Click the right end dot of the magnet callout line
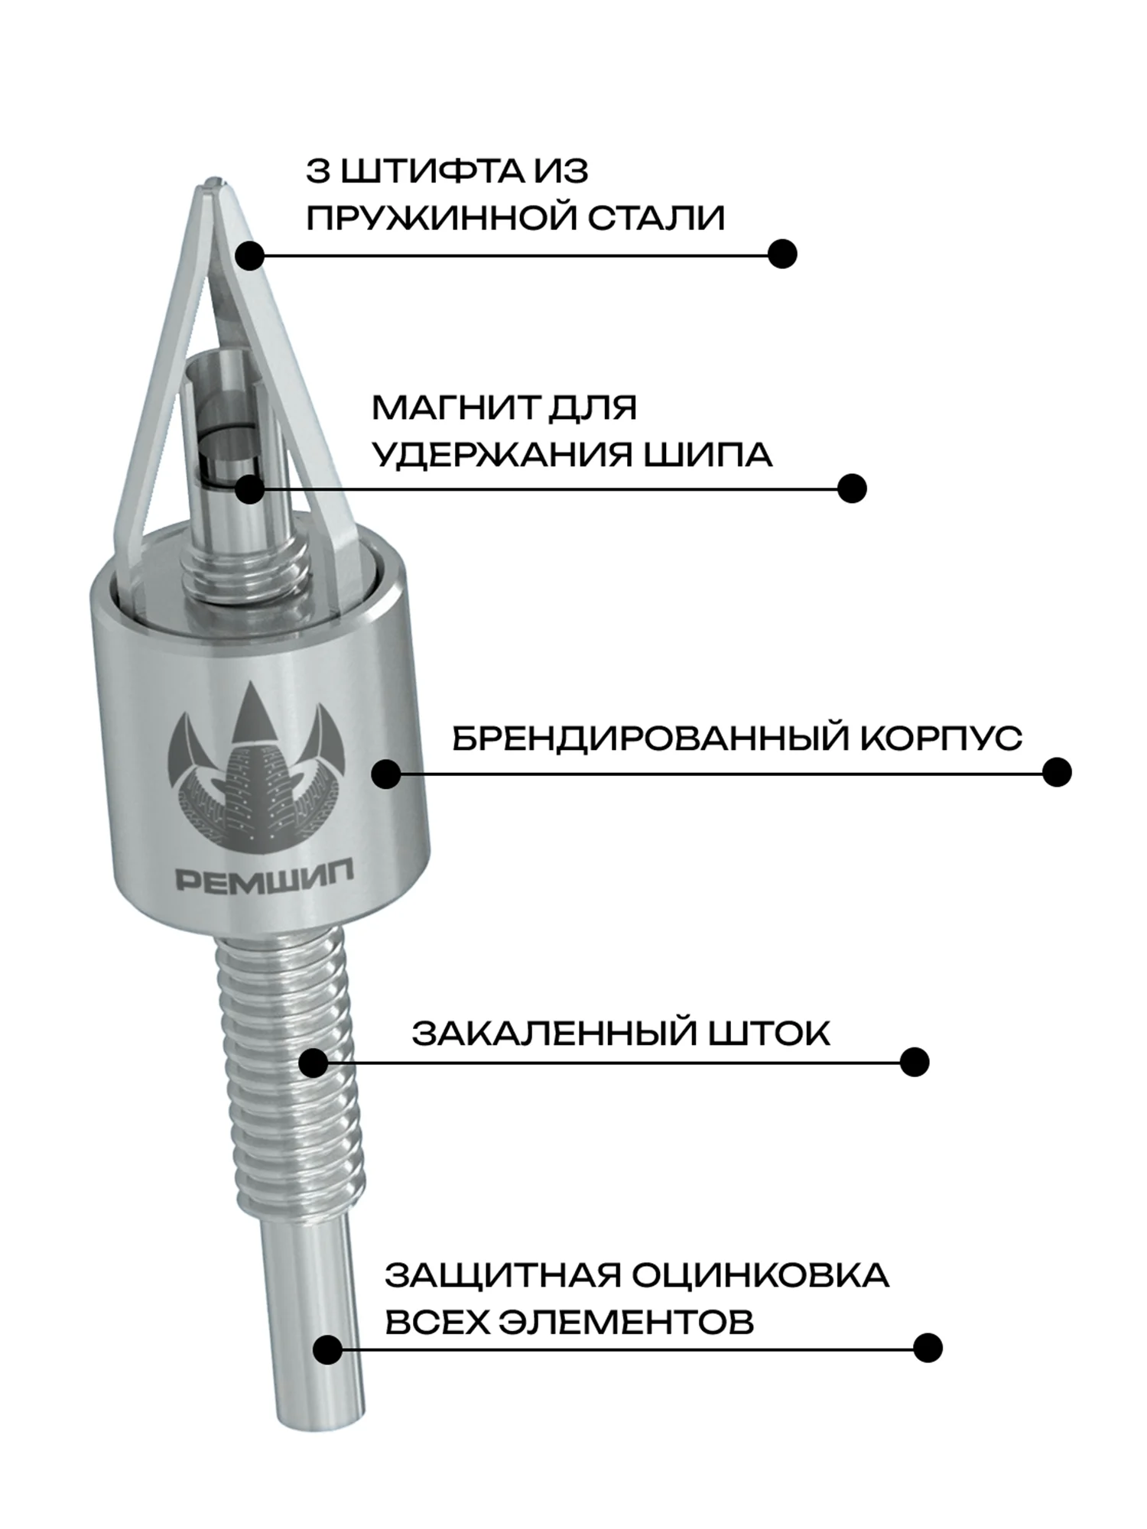[852, 489]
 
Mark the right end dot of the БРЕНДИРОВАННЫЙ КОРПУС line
[1057, 772]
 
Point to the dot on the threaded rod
[314, 1063]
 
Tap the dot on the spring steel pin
[249, 255]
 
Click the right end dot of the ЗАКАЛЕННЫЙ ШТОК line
[915, 1062]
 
